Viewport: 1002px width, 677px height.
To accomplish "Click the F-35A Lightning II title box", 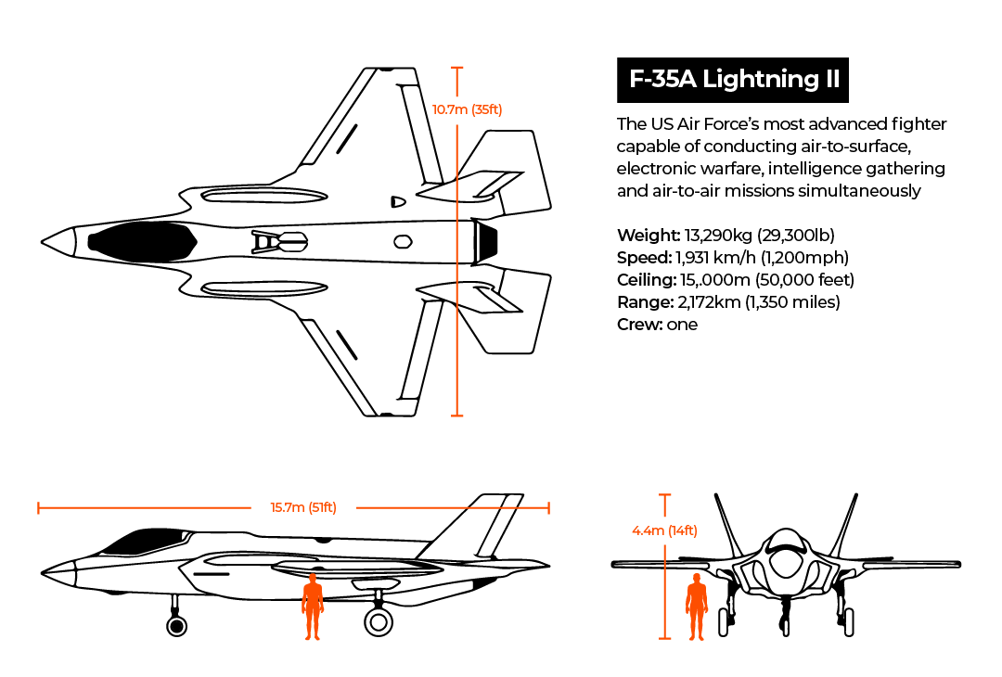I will click(x=733, y=80).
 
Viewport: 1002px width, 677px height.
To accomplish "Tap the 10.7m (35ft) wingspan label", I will click(x=467, y=109).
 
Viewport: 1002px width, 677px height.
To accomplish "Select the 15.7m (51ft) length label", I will click(x=302, y=507).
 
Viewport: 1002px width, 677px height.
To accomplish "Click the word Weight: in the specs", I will click(x=649, y=236).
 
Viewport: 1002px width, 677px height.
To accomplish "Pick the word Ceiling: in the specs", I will click(x=649, y=280).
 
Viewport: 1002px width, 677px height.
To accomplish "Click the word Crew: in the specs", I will click(x=639, y=325).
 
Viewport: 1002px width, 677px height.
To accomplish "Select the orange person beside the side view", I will click(x=313, y=607).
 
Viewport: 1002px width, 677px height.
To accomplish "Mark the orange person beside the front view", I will click(x=696, y=607).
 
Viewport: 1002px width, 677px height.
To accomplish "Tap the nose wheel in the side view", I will click(x=176, y=625).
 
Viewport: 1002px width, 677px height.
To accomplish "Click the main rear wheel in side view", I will click(x=378, y=621).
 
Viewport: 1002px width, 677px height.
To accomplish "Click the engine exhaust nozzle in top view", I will click(x=486, y=241).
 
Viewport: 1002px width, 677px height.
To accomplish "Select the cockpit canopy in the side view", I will click(x=135, y=541).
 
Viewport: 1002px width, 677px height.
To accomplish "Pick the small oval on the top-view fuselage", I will click(x=403, y=242).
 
